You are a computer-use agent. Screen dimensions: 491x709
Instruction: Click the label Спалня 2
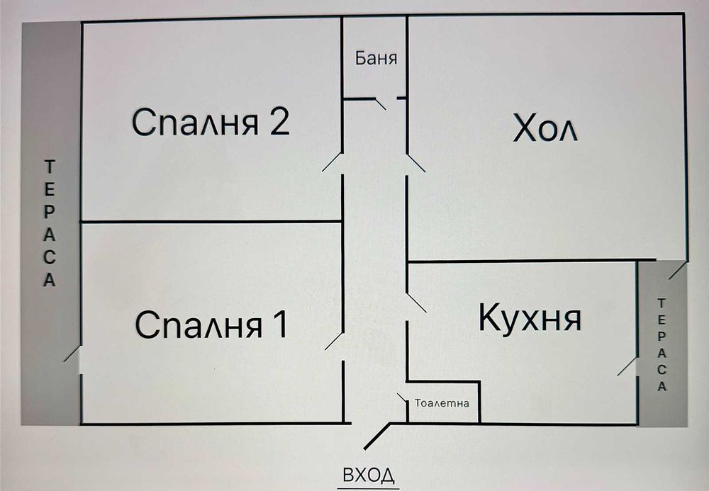(211, 123)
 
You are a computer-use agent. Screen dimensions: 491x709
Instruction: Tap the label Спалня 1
(211, 326)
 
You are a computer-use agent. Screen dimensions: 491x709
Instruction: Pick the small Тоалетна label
(442, 403)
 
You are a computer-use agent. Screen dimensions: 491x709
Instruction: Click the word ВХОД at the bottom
(368, 475)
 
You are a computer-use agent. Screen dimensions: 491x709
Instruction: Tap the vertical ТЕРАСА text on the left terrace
(49, 224)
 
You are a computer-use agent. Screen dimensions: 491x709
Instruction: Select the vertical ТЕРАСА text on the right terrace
(662, 344)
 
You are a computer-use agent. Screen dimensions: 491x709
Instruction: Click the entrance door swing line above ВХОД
(379, 436)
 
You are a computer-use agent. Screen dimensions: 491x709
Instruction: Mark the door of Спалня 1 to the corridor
(334, 341)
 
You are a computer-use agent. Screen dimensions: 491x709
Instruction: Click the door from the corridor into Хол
(415, 163)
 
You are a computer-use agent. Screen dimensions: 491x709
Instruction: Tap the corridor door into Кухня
(416, 303)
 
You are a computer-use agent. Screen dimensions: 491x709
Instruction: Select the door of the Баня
(379, 103)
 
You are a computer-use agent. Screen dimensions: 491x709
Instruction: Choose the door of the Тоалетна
(403, 398)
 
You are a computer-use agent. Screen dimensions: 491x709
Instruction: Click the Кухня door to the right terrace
(626, 366)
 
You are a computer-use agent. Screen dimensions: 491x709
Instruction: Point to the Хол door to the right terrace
(677, 270)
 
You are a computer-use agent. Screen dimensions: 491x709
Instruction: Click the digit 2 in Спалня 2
(279, 123)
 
